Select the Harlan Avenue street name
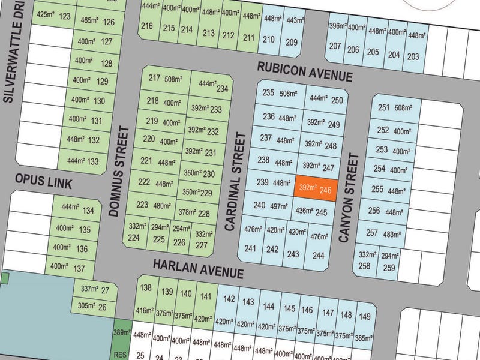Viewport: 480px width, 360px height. point(198,268)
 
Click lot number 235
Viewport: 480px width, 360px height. point(268,93)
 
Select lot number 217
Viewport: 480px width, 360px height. point(154,78)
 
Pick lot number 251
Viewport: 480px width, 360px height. point(383,108)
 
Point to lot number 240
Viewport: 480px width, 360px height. point(259,205)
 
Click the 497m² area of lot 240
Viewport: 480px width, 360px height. point(280,206)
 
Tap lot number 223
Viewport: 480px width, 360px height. point(143,205)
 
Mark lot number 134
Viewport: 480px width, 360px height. point(88,211)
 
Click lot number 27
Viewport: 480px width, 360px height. point(106,291)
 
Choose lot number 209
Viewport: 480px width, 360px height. point(292,42)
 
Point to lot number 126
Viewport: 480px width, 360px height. point(109,22)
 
